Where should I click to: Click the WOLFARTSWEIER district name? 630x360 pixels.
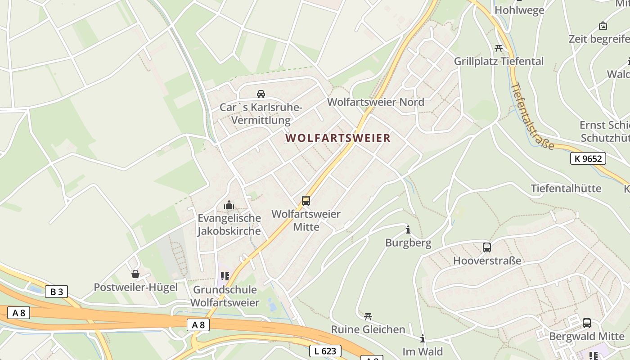tap(338, 138)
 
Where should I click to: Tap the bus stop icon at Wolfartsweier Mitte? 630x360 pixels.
tap(306, 201)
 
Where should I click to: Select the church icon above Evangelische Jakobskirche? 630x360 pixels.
tap(229, 205)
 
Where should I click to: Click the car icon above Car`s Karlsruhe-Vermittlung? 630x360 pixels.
tap(261, 94)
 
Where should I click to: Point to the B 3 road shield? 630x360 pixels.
tap(56, 292)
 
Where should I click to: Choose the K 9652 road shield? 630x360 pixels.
tap(588, 158)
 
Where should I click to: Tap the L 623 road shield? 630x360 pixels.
tap(325, 351)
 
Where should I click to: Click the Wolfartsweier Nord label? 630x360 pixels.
tap(376, 102)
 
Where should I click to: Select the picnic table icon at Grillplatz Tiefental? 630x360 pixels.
tap(498, 48)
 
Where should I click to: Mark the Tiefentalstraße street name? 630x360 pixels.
tap(532, 116)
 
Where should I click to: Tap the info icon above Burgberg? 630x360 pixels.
tap(408, 230)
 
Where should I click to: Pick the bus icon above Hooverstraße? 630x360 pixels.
tap(487, 247)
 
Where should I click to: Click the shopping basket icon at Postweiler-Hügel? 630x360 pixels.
tap(135, 274)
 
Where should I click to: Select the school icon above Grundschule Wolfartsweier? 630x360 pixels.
tap(225, 276)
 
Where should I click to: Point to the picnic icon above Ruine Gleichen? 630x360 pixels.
tap(368, 316)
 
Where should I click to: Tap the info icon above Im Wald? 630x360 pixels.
tap(422, 338)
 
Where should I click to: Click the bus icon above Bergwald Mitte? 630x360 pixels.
tap(587, 323)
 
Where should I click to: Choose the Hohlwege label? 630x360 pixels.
tap(519, 10)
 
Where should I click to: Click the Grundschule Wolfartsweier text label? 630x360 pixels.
tap(225, 296)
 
